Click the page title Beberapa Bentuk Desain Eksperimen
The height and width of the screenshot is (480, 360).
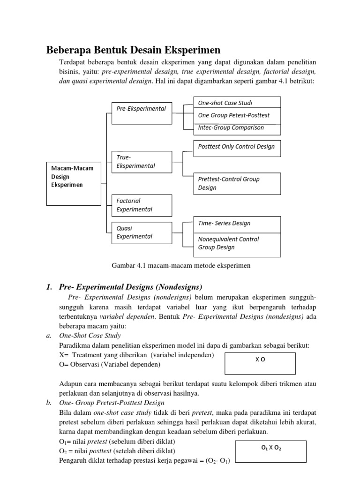coord(133,50)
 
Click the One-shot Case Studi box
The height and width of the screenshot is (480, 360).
coord(237,103)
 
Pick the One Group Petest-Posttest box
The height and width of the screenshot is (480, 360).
coord(237,115)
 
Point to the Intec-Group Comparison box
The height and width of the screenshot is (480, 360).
coord(237,128)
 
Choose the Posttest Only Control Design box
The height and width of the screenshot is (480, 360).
coord(237,147)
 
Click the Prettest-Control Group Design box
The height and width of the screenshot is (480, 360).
coord(237,183)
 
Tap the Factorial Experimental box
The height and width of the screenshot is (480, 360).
coord(142,205)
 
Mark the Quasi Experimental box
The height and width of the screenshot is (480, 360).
coord(142,232)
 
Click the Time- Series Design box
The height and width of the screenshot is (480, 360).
coord(237,224)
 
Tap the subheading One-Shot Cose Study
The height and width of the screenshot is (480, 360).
coord(90,336)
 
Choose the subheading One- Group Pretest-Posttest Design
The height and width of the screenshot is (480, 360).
coord(112,403)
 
